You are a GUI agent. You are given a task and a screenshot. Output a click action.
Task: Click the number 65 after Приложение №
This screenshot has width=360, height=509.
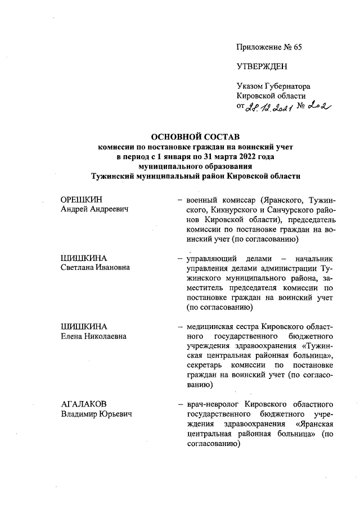point(296,47)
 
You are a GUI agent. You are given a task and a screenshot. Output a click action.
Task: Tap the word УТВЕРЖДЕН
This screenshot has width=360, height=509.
point(262,67)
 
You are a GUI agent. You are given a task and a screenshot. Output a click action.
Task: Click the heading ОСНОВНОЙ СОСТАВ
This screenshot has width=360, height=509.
point(196,137)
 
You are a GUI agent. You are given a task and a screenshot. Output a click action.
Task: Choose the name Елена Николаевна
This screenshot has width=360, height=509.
point(93,336)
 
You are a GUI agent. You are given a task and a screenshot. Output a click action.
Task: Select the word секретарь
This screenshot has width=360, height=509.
point(206,366)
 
